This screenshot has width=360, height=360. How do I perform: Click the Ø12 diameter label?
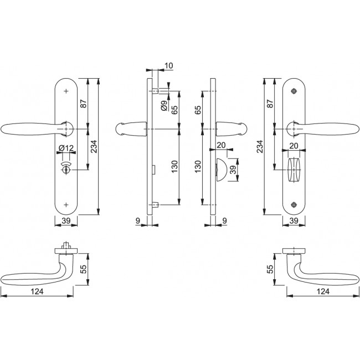point(66,148)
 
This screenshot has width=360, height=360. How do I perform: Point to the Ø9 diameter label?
point(164,106)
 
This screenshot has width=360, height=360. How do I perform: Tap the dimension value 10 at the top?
point(169,66)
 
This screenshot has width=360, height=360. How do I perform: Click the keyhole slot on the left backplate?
point(66,170)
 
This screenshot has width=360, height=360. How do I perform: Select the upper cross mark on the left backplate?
point(66,91)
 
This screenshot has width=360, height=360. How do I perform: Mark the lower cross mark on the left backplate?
point(66,204)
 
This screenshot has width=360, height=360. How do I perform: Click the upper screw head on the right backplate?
point(294,91)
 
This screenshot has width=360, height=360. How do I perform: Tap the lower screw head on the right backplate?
point(294,204)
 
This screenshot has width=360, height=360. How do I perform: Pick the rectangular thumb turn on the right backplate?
point(294,169)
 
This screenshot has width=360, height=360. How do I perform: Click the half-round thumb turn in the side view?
point(221,169)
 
